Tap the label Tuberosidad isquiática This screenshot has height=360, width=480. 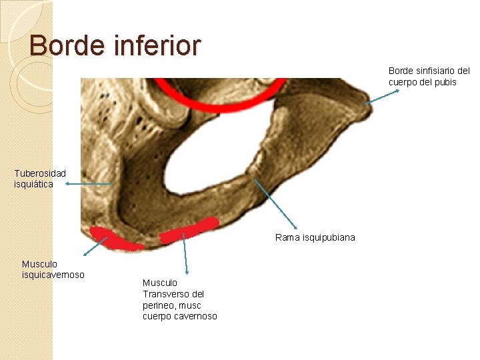[40, 178]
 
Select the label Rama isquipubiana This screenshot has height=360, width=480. [315, 237]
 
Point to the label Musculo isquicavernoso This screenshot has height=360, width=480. [53, 269]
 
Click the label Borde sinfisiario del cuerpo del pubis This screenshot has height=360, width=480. [429, 76]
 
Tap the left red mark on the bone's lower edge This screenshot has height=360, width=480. [116, 238]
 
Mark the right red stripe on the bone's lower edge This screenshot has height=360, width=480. [190, 229]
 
